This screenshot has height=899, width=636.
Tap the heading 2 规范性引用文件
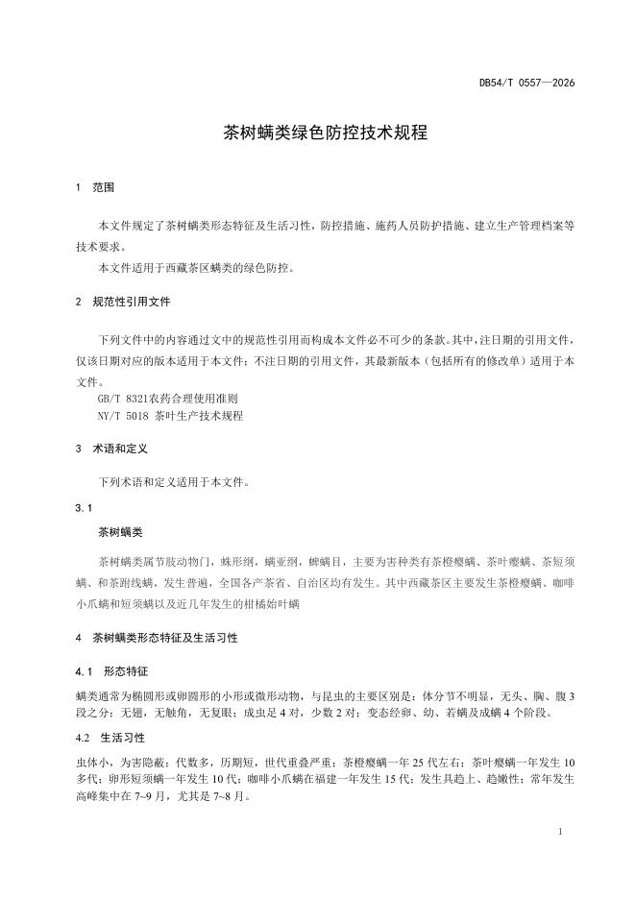(x=122, y=301)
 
